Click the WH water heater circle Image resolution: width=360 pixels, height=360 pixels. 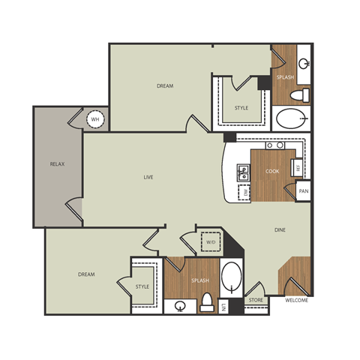pos(96,118)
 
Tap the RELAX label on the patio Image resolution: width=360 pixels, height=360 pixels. pos(55,163)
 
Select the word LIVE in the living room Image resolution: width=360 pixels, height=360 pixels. pos(148,177)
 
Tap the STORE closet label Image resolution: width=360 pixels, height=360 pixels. pos(256,300)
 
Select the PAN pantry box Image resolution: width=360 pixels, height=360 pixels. pos(303,192)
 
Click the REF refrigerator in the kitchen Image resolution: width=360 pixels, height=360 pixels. pos(298,169)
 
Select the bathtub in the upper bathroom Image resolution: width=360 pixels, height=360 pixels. pos(291,119)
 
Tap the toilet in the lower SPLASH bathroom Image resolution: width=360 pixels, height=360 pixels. pos(208,302)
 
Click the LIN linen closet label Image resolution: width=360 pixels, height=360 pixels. pos(224,305)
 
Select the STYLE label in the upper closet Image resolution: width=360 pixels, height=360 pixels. pos(241,108)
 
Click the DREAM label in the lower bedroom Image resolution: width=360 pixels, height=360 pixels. pos(86,274)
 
